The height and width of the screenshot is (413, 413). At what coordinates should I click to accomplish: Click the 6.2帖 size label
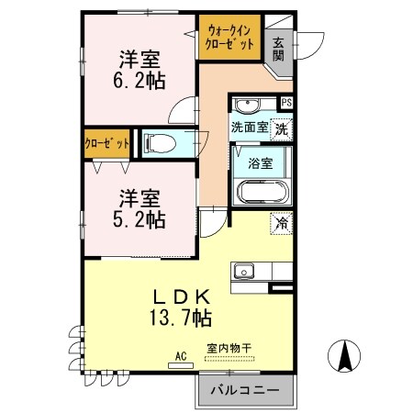tap(140, 81)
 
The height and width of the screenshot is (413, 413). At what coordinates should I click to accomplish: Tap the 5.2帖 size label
tap(140, 219)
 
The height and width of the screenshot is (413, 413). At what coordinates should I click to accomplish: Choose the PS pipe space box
tap(286, 103)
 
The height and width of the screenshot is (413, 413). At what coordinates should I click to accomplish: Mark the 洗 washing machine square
tap(283, 128)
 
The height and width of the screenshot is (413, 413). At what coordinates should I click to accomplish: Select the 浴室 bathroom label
tap(260, 164)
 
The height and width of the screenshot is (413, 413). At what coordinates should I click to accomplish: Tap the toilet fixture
tap(160, 143)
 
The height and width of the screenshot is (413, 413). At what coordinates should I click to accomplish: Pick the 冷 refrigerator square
tap(281, 222)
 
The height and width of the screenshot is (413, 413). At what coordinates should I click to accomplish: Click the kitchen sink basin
tap(243, 271)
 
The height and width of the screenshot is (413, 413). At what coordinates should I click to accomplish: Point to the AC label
tap(181, 354)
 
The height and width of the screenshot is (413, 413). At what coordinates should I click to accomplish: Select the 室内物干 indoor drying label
tap(229, 347)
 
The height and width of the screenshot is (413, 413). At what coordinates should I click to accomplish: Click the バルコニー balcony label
tap(243, 390)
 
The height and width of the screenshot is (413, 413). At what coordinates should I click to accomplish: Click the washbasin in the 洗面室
tap(246, 104)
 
